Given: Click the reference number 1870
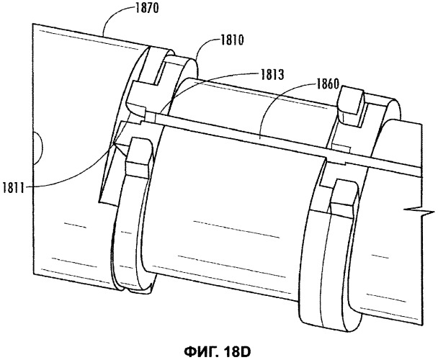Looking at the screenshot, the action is (x=147, y=9).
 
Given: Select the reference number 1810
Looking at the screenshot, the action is (x=233, y=41).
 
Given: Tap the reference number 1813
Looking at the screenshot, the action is (x=272, y=75).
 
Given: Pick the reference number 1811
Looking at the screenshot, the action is (x=14, y=188).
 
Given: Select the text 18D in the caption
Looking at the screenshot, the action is (x=237, y=352).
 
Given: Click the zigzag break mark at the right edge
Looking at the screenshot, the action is (x=419, y=212).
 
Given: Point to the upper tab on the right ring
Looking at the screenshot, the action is (x=351, y=101).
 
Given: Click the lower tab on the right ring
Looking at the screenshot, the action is (x=344, y=196).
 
